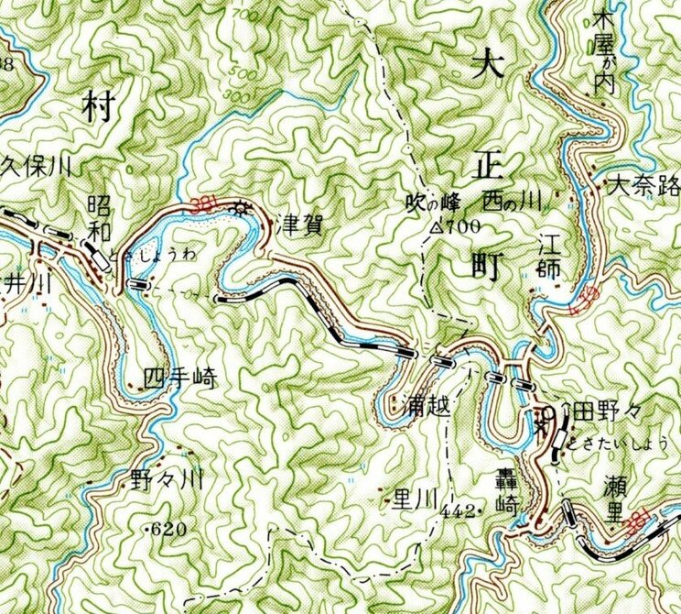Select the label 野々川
[165, 478]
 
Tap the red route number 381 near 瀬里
[643, 520]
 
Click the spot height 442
[458, 510]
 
